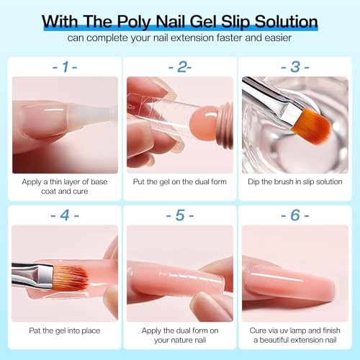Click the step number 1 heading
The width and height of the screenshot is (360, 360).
[x=65, y=66]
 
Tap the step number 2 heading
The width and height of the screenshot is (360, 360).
[x=179, y=66]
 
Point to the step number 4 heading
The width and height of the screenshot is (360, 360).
[x=65, y=215]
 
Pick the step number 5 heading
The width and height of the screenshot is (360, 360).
[x=179, y=215]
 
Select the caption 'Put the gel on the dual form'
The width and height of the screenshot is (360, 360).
[x=179, y=181]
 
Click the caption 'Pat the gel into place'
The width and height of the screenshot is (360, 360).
[x=65, y=330]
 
